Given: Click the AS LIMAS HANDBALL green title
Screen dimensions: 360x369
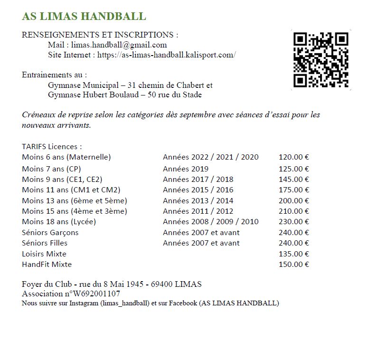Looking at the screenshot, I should pyautogui.click(x=84, y=16).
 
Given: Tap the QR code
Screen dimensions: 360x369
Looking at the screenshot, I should pyautogui.click(x=321, y=60).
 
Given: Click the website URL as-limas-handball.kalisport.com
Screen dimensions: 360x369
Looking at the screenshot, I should pyautogui.click(x=166, y=55).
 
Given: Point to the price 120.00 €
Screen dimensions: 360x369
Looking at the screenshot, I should pyautogui.click(x=293, y=157).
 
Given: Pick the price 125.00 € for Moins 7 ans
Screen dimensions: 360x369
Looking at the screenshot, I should pyautogui.click(x=293, y=169).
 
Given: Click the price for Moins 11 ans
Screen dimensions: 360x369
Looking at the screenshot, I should pyautogui.click(x=293, y=190).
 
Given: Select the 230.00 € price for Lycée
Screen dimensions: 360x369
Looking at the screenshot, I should pyautogui.click(x=293, y=222).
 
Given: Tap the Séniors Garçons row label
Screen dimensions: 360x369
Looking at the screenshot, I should pyautogui.click(x=50, y=233).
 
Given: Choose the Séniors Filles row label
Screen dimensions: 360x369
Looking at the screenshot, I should pyautogui.click(x=44, y=243).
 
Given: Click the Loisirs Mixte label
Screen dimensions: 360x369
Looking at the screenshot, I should pyautogui.click(x=44, y=254).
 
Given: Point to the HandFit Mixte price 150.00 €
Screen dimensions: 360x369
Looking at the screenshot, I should pyautogui.click(x=293, y=265).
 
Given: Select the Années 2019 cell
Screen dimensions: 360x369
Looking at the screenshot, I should pyautogui.click(x=185, y=169).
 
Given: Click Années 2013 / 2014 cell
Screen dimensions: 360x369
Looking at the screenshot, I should pyautogui.click(x=198, y=201).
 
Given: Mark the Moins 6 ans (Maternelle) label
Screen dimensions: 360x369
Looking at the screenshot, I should pyautogui.click(x=66, y=157).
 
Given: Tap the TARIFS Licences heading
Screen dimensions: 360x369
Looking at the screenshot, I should pyautogui.click(x=52, y=147).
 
